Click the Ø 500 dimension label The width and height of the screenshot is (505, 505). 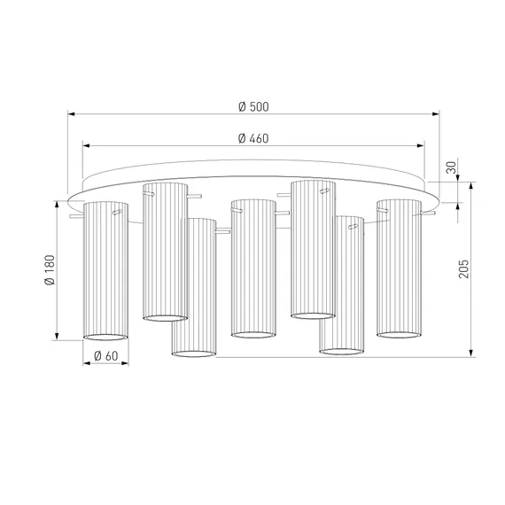[253, 106]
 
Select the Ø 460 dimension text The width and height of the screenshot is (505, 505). [253, 138]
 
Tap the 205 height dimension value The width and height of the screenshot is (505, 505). [463, 268]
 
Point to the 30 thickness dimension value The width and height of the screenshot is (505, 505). [452, 167]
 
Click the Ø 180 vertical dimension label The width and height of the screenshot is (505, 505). [50, 270]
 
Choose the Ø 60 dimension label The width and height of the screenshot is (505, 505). [106, 356]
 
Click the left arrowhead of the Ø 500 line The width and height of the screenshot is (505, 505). [72, 113]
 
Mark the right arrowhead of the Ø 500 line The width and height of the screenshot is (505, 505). [436, 113]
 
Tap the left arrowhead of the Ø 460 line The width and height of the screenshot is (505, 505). [86, 145]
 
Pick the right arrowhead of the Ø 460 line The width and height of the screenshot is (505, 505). [421, 145]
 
